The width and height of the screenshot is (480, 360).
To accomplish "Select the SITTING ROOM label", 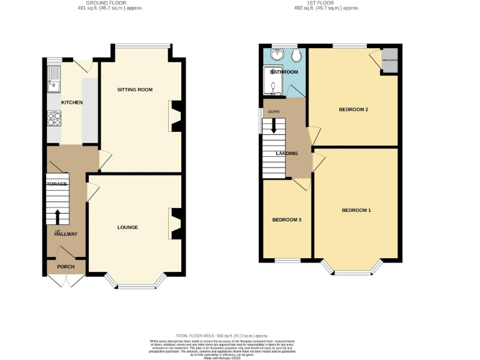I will (x=135, y=90).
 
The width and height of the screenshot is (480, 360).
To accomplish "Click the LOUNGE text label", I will (x=127, y=227).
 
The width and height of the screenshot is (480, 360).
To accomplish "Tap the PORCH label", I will (x=66, y=267).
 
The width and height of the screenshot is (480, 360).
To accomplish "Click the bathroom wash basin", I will (x=276, y=55).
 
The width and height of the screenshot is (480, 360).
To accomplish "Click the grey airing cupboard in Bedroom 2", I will (x=389, y=61).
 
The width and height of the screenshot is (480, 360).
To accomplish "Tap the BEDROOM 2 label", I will (x=353, y=110).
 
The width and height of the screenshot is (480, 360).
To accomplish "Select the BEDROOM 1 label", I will (x=356, y=210).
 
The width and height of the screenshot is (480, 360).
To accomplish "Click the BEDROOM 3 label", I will (x=287, y=220).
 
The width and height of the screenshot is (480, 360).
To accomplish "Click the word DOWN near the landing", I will (x=273, y=112).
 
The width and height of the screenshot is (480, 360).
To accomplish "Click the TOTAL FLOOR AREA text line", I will (x=240, y=337).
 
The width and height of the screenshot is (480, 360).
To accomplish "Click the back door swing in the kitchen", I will (x=79, y=64).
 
